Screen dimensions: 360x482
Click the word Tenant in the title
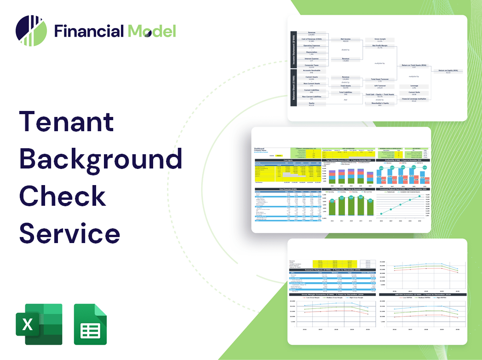(66, 122)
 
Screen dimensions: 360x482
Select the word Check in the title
(63, 195)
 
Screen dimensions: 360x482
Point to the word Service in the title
(69, 232)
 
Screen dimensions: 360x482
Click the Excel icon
(39, 324)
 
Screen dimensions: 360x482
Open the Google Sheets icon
(91, 324)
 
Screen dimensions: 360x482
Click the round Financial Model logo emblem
(31, 31)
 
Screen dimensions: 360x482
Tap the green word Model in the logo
(152, 31)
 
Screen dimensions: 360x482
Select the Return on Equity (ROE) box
(448, 71)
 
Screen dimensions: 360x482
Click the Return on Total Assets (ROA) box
(414, 66)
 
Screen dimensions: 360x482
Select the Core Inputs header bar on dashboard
(288, 161)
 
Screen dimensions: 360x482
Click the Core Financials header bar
(288, 189)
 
